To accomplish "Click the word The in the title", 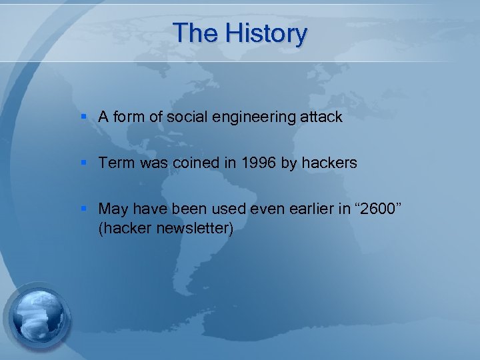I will click(194, 33).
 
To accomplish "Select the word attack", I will click(322, 117).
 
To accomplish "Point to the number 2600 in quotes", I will click(379, 209).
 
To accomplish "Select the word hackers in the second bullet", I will click(331, 163).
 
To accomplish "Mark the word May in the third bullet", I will click(113, 209).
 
